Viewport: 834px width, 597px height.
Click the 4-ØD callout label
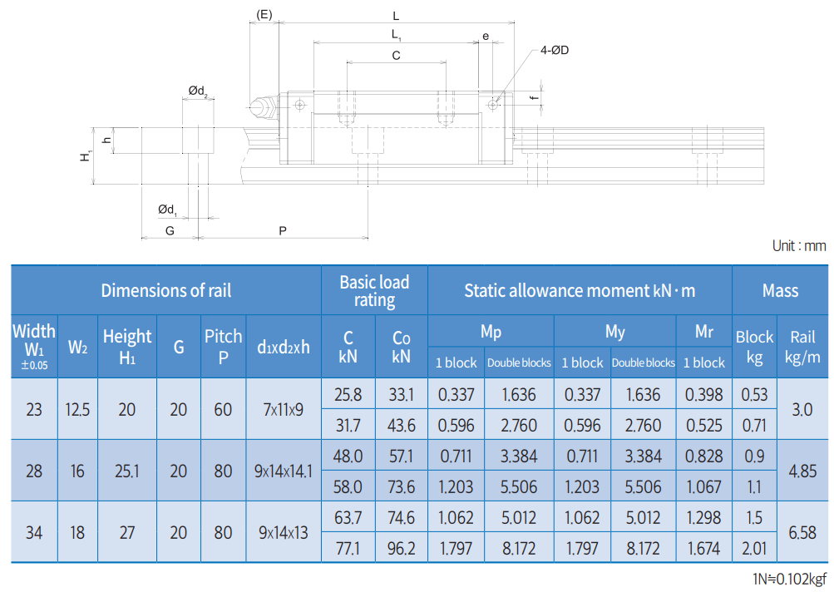(x=555, y=50)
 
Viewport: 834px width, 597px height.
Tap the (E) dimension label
(x=264, y=15)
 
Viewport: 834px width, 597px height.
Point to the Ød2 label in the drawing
(x=198, y=91)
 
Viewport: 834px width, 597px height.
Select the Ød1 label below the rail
(x=167, y=210)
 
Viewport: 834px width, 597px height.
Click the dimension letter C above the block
(x=396, y=56)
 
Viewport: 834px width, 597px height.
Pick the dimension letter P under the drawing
(x=283, y=231)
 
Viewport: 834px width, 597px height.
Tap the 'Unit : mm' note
(x=799, y=246)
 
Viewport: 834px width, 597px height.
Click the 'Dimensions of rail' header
(x=166, y=290)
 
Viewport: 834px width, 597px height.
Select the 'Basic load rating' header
(x=374, y=291)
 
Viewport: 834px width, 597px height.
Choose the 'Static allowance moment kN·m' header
(x=580, y=290)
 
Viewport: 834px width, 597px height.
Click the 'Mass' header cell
(x=780, y=290)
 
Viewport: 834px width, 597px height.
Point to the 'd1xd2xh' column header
(x=283, y=347)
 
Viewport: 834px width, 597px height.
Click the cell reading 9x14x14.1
(x=283, y=471)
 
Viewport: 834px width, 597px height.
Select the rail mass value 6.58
(x=802, y=532)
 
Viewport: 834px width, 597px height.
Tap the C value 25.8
(x=348, y=394)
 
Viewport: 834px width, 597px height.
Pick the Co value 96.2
(x=401, y=548)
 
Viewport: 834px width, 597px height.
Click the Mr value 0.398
(x=703, y=394)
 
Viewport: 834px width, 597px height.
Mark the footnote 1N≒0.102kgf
(x=789, y=579)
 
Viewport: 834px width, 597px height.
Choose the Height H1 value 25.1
(x=127, y=471)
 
